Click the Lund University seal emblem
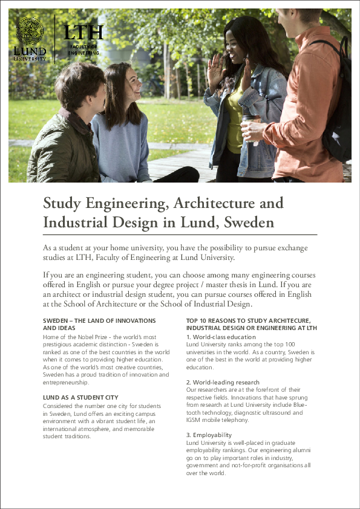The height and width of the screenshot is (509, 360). [x=29, y=31]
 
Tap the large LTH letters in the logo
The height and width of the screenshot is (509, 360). [x=83, y=33]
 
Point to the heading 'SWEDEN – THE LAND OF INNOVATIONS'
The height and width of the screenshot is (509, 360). [x=99, y=320]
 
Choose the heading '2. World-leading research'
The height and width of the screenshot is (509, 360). [x=223, y=383]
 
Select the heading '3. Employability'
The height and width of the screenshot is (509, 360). [x=209, y=435]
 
